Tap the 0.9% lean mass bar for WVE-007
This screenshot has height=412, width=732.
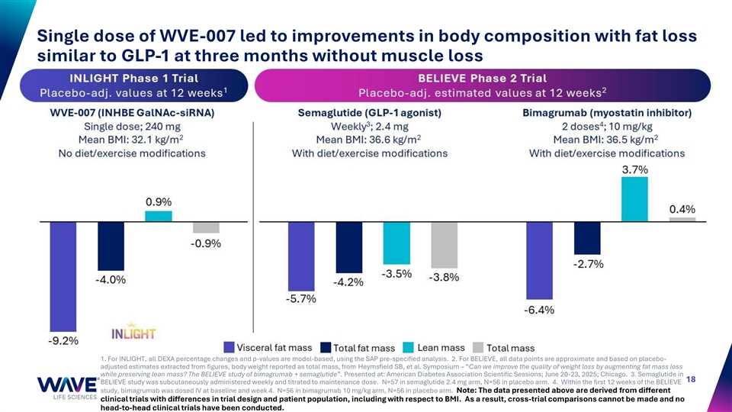coord(159,217)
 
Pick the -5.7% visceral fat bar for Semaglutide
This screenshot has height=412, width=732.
coord(301,255)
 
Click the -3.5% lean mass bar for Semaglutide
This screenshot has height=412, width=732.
coord(396,243)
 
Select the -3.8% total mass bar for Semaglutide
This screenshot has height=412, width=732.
coord(445,245)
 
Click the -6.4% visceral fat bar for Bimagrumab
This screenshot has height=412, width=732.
coord(538,259)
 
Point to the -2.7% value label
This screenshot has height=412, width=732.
coord(588,264)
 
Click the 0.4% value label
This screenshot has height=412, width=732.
coord(682,209)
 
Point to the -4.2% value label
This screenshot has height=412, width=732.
coord(349,282)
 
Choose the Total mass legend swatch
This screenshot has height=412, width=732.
coord(478,348)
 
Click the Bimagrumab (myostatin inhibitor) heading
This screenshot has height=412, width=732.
coord(607,113)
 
